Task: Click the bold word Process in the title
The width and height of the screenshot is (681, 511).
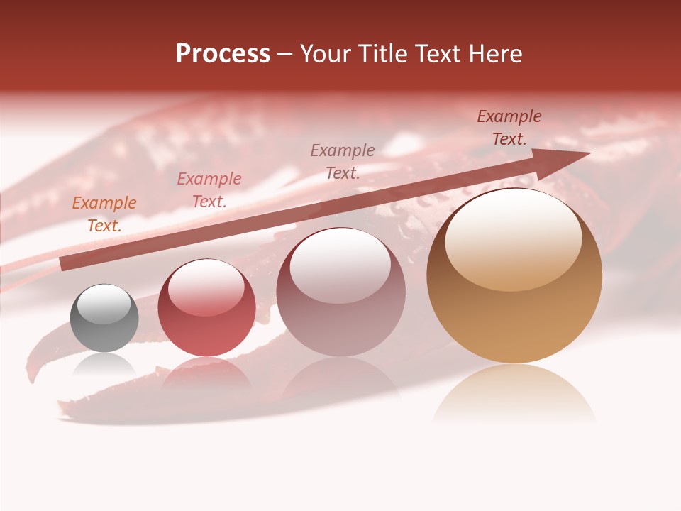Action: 223,54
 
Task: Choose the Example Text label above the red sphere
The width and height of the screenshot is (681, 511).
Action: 209,190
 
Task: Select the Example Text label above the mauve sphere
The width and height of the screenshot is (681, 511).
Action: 343,161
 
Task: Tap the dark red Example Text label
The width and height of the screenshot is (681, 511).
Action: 509,128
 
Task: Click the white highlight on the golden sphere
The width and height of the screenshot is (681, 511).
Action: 514,238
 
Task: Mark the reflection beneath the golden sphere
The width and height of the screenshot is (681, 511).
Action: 514,394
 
